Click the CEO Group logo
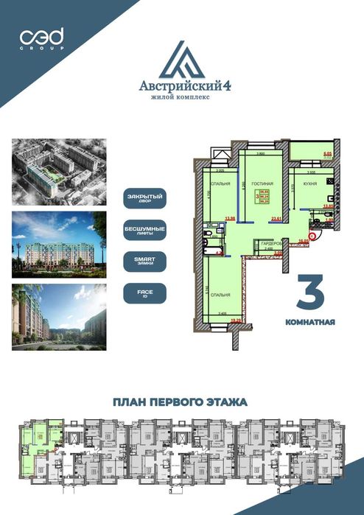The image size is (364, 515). [42, 38]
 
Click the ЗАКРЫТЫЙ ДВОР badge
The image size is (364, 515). [144, 198]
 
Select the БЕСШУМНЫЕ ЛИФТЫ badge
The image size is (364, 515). [144, 231]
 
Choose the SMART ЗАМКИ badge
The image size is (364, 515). [144, 262]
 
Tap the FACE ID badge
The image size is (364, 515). [144, 294]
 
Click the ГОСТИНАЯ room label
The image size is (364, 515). [262, 183]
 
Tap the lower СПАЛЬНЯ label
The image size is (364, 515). [220, 295]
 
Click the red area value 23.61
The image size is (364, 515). [277, 219]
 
